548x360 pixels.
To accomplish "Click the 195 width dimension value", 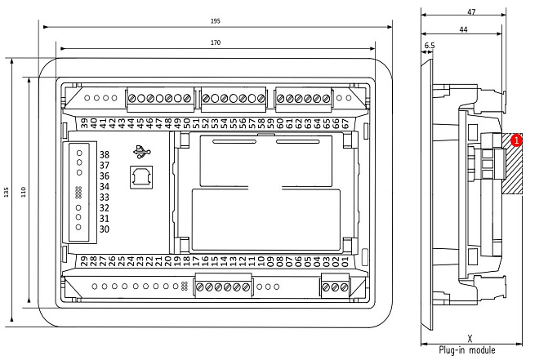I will point(216,20).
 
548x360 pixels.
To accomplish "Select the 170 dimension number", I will point(216,42).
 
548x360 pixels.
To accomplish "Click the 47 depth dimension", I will point(471,12).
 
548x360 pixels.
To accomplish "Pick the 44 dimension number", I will point(461,29).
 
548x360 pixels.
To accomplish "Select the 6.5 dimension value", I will point(430,46).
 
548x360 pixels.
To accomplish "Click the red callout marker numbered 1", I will point(517,140).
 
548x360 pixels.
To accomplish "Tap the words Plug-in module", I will point(467,350).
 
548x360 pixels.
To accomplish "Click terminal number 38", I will point(105,154).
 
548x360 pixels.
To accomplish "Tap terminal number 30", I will point(105,229).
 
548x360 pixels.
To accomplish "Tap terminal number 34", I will point(105,186).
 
